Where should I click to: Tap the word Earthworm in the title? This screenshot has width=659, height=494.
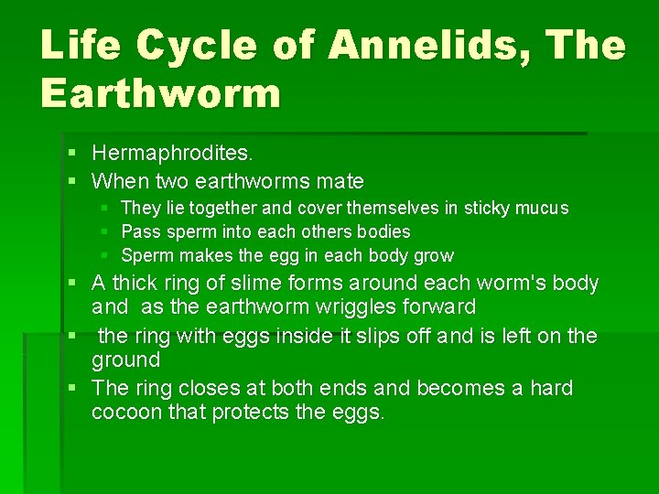coord(160,94)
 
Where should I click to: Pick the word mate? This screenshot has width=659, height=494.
coord(341,181)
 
